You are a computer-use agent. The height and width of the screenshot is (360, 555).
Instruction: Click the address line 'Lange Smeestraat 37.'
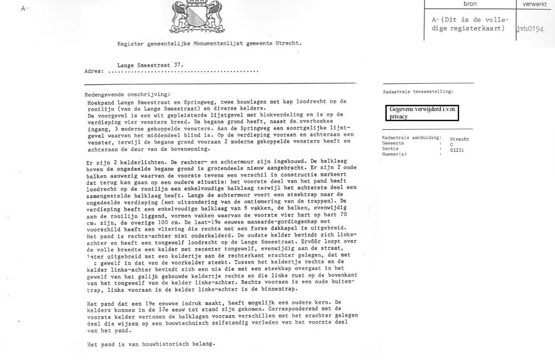[x=153, y=64]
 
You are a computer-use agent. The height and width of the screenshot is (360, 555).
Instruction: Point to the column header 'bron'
[x=471, y=3]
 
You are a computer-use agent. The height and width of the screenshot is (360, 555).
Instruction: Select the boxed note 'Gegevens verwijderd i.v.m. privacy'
[x=423, y=113]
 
